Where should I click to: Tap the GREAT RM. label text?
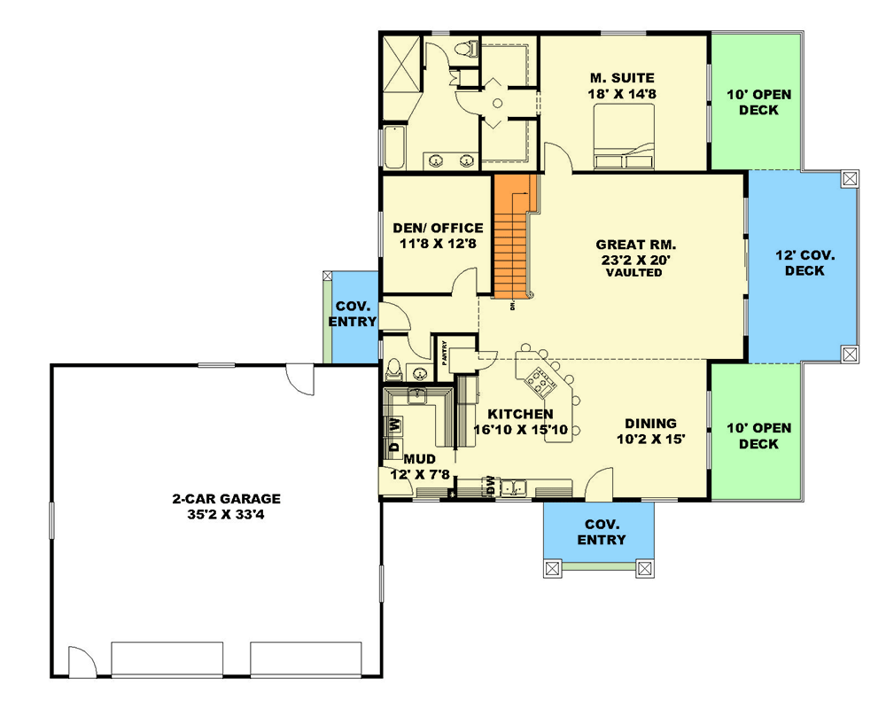(x=635, y=245)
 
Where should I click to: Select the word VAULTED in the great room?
(x=634, y=272)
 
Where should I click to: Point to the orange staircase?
(x=511, y=237)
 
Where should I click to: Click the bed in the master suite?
(x=624, y=136)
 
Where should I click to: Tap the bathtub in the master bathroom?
(x=394, y=147)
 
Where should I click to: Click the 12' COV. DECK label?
(x=804, y=263)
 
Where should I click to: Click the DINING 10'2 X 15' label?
(x=651, y=431)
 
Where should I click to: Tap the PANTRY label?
(x=445, y=353)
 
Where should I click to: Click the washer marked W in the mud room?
(x=395, y=424)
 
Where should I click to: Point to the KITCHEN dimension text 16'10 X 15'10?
(x=520, y=430)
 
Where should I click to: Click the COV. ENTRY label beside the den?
(x=353, y=314)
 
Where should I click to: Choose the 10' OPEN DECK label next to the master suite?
(x=759, y=102)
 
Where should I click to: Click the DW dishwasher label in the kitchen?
(x=491, y=486)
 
